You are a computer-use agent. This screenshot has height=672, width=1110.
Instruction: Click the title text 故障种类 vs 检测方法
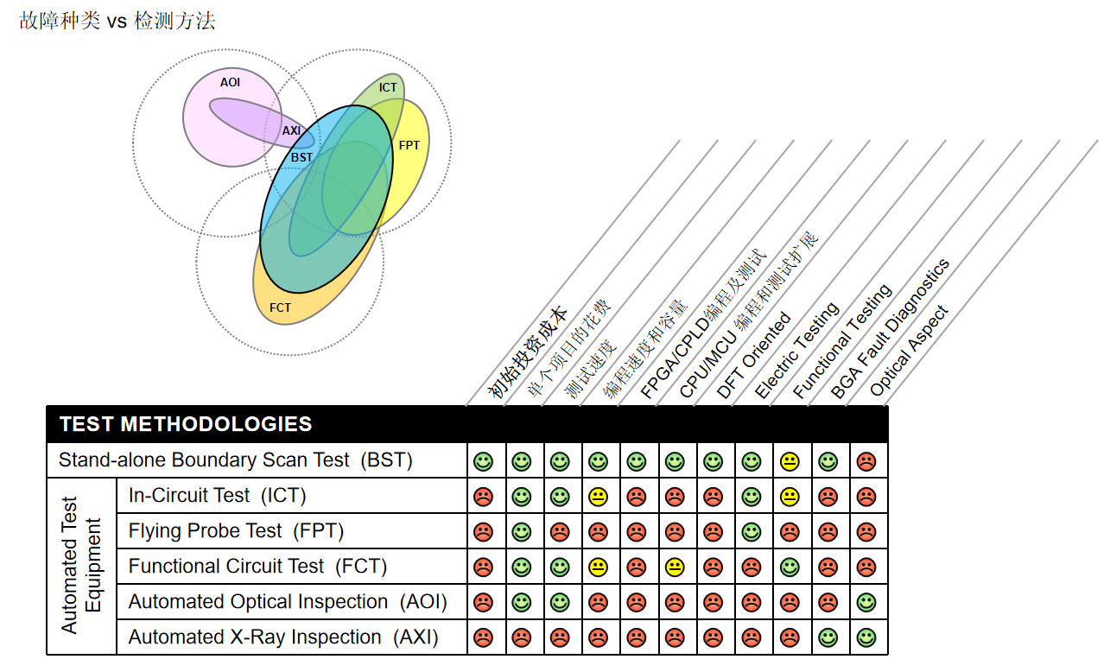point(117,22)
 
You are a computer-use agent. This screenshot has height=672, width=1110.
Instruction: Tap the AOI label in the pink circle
point(230,83)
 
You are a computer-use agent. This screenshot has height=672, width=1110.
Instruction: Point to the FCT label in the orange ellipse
point(280,307)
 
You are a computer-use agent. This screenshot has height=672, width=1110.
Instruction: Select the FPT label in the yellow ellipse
point(409,145)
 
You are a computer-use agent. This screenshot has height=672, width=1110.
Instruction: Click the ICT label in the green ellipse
point(388,87)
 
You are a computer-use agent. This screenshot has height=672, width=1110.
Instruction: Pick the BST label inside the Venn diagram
point(301,157)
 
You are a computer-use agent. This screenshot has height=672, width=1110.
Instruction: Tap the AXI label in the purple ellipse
point(292,131)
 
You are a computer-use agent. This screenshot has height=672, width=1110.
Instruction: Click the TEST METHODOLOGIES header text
point(186,424)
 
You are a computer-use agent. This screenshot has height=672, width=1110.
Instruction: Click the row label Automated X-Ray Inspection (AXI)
point(283,637)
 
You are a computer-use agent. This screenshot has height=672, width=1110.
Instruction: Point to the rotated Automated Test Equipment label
point(81,566)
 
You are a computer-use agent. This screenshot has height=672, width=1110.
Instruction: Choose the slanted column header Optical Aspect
point(909,351)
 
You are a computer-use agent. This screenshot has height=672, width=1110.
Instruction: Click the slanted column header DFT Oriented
point(753,355)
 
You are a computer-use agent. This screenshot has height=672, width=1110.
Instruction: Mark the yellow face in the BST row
point(790,461)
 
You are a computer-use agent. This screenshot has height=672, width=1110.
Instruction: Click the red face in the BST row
point(866,461)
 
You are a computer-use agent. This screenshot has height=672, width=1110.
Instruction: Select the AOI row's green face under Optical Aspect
point(866,602)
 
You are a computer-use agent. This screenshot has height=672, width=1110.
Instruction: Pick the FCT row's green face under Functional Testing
point(790,567)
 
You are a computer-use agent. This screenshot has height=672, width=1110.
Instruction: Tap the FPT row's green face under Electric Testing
point(752,531)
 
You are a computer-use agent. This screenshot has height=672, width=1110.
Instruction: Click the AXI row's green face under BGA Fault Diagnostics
point(828,637)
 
